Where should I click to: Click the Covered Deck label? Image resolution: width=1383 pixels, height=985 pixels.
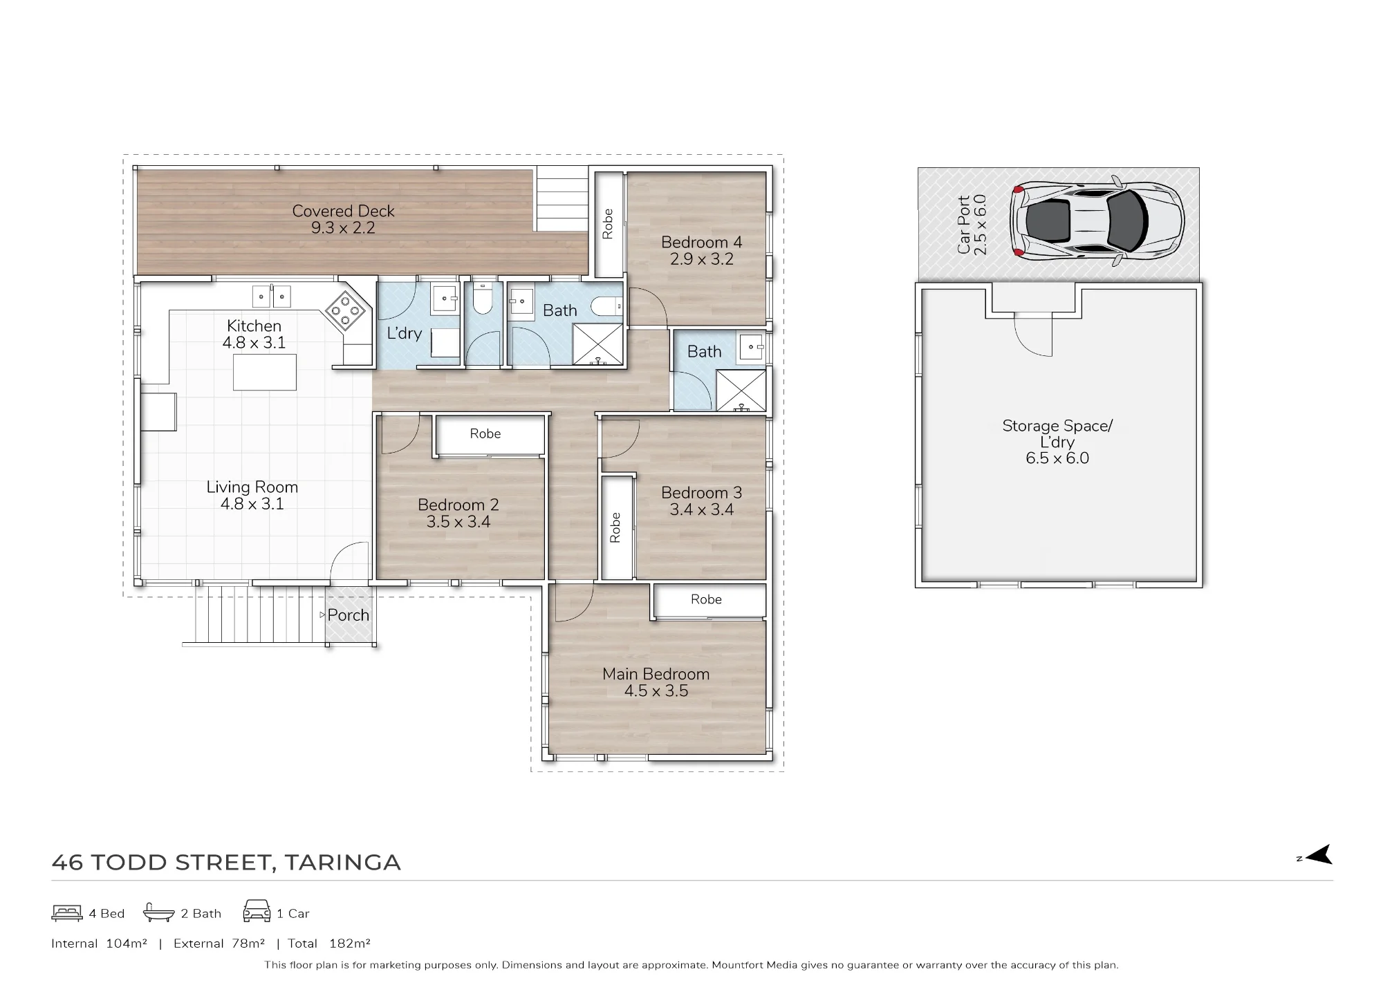pyautogui.click(x=343, y=211)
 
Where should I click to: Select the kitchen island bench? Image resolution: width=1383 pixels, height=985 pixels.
pyautogui.click(x=265, y=372)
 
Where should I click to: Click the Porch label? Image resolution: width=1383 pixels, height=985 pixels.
pyautogui.click(x=348, y=615)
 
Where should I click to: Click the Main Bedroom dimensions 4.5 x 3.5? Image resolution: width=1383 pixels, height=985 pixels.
pyautogui.click(x=656, y=691)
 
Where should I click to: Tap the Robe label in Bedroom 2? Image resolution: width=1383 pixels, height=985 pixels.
pyautogui.click(x=485, y=433)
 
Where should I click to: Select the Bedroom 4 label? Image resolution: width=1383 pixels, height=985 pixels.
pyautogui.click(x=701, y=242)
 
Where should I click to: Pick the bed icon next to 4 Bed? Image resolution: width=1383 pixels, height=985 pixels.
pyautogui.click(x=67, y=913)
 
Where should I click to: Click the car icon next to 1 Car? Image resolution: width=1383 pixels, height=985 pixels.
pyautogui.click(x=257, y=911)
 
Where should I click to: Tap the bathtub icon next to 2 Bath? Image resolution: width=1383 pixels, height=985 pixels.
pyautogui.click(x=158, y=913)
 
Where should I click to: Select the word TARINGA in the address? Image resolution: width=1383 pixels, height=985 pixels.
pyautogui.click(x=342, y=863)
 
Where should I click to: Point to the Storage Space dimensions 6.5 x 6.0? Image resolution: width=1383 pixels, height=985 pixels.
pyautogui.click(x=1057, y=458)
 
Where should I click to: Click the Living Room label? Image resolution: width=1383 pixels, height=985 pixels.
pyautogui.click(x=252, y=487)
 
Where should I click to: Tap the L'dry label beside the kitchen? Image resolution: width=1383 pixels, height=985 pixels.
pyautogui.click(x=404, y=333)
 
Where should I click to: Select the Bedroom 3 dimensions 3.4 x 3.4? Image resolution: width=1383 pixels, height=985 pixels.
pyautogui.click(x=701, y=509)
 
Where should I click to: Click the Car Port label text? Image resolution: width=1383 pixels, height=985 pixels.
pyautogui.click(x=964, y=225)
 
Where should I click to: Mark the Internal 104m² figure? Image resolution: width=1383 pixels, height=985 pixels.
pyautogui.click(x=99, y=944)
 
